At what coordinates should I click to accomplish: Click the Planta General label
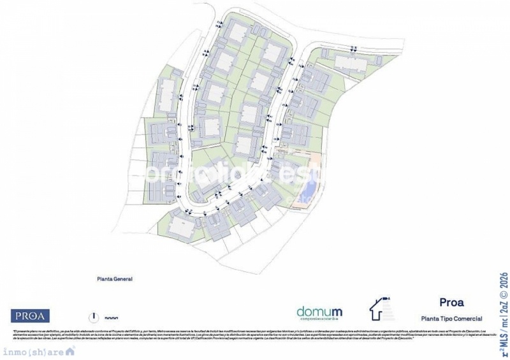coord(114,278)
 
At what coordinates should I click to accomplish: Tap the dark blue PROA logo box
coord(30,315)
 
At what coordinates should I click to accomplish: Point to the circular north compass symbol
coord(93,315)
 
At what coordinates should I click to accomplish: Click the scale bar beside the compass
coord(111,316)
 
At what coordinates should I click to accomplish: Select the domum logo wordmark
coord(319,312)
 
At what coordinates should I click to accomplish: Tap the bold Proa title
coord(451,303)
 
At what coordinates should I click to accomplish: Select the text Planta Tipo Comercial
coord(451,318)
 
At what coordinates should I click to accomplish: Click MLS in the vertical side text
coord(504,338)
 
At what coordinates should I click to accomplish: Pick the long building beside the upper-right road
coord(350,62)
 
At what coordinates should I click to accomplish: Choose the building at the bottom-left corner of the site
coord(182,227)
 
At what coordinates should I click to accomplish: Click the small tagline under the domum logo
coord(319,319)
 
